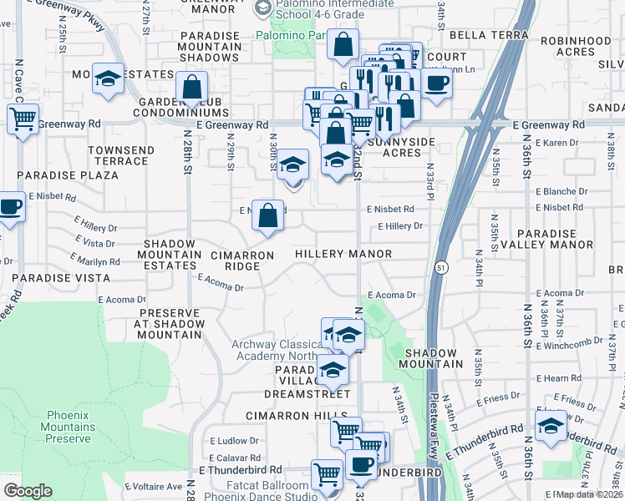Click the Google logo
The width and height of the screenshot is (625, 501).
coord(28,490)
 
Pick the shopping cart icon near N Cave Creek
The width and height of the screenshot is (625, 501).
coord(23,119)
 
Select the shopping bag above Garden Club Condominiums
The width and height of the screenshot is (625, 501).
coord(192,86)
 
